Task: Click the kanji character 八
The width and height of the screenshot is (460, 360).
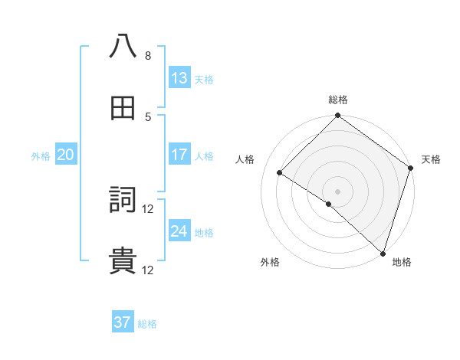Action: click(x=123, y=47)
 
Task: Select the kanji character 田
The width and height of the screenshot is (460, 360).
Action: click(x=123, y=108)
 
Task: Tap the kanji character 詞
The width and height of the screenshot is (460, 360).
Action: click(x=123, y=200)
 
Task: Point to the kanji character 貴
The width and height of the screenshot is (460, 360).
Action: click(x=123, y=261)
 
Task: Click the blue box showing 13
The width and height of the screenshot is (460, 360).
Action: click(x=179, y=78)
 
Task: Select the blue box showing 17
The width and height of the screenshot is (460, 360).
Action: click(x=179, y=155)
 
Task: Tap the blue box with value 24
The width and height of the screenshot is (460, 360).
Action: click(x=179, y=231)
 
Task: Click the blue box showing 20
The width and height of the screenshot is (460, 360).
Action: click(x=65, y=155)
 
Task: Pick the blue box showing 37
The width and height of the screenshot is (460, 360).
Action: click(x=123, y=322)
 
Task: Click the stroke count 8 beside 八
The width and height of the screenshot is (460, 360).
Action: click(x=148, y=56)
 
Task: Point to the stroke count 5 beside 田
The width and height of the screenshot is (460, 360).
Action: click(x=148, y=116)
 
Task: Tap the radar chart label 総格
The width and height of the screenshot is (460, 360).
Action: click(x=338, y=100)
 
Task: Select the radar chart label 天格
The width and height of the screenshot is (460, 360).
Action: click(x=432, y=159)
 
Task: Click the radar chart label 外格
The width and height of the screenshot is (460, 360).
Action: click(x=270, y=262)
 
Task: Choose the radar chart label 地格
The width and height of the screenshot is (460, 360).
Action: click(x=402, y=262)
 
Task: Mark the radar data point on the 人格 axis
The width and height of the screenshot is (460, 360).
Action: click(x=280, y=173)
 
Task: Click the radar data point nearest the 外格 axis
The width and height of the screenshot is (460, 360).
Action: click(x=329, y=204)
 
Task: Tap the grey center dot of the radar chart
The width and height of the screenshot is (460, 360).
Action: click(x=338, y=191)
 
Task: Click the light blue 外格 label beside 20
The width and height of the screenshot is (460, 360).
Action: click(x=41, y=155)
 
